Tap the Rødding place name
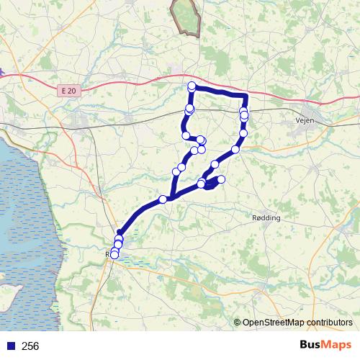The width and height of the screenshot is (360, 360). [266, 217]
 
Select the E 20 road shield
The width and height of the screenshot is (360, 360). [68, 91]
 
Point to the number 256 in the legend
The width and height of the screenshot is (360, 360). [31, 346]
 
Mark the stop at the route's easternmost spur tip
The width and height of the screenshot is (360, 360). [221, 179]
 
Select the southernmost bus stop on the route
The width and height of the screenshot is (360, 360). [114, 254]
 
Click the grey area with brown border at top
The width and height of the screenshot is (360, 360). [186, 17]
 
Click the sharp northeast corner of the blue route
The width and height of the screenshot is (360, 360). [246, 95]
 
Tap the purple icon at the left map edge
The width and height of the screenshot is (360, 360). [2, 72]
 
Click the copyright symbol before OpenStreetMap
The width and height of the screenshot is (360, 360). [238, 322]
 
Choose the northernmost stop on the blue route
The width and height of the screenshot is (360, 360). [192, 86]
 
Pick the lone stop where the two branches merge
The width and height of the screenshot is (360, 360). [163, 199]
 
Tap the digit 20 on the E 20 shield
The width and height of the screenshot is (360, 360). [71, 91]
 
